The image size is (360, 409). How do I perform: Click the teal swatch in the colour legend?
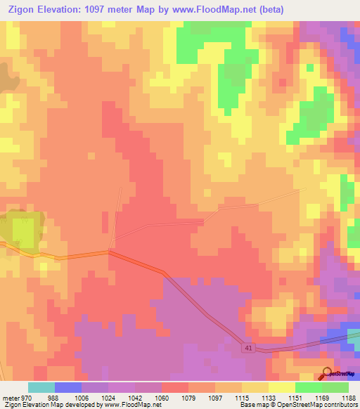[41, 387]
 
